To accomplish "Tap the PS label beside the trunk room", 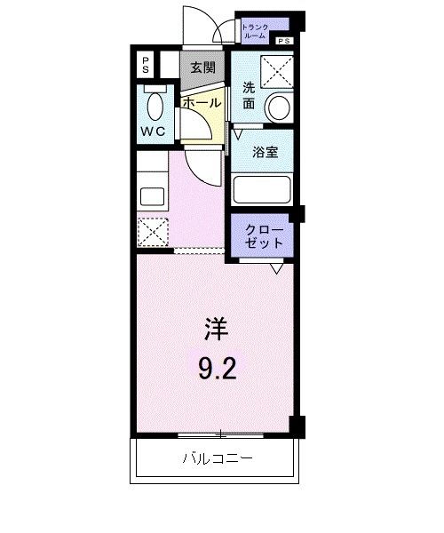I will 283,41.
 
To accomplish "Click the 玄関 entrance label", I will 202,67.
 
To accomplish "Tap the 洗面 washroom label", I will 250,95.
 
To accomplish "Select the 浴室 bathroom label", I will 266,151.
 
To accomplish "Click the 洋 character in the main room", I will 217,330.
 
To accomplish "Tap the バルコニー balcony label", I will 218,459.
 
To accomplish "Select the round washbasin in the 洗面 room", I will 279,107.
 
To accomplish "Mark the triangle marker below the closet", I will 278,266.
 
